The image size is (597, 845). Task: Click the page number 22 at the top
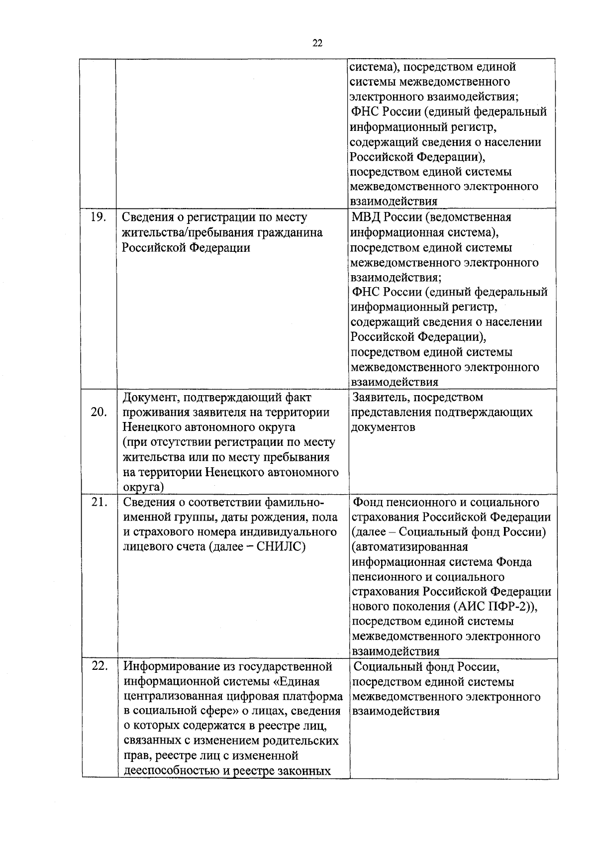317,43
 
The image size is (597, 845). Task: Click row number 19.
99,217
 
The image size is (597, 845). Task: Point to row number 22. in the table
100,666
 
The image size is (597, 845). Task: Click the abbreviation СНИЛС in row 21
282,547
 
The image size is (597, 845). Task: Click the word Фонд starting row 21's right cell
368,502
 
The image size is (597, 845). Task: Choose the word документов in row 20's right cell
383,427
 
